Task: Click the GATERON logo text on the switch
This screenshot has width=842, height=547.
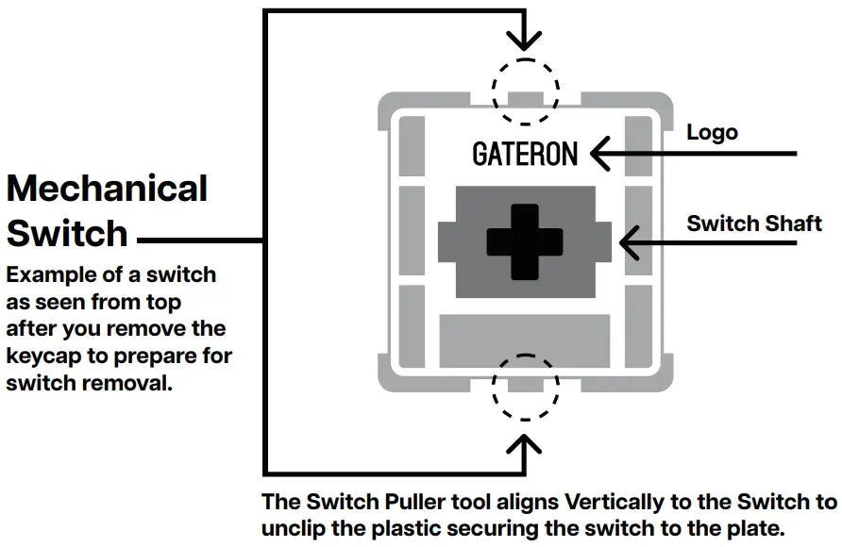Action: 525,154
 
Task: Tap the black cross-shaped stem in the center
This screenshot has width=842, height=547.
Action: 525,241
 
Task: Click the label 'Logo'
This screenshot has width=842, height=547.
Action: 712,132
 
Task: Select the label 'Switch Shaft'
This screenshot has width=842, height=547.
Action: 754,224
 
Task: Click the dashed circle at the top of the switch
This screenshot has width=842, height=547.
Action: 525,91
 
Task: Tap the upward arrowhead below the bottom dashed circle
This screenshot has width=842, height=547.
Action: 525,442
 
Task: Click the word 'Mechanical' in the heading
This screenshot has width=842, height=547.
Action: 107,189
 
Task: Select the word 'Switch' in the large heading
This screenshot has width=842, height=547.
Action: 67,233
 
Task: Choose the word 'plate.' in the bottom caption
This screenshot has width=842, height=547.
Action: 750,528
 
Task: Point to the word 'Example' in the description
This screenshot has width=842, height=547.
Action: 48,275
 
